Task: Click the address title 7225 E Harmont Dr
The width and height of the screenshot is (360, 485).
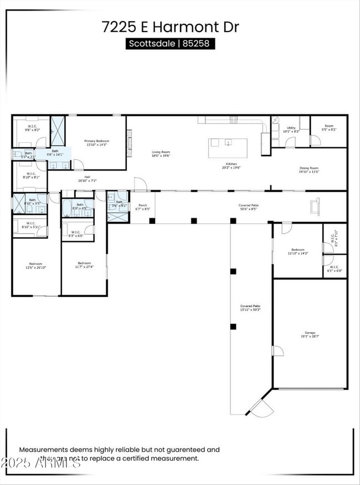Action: coord(170,26)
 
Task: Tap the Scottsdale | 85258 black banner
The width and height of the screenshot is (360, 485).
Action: coord(170,43)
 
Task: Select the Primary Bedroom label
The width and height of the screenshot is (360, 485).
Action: coord(96,143)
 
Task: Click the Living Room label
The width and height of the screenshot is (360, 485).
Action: coord(161,153)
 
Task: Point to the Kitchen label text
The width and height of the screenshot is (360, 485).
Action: coord(232,166)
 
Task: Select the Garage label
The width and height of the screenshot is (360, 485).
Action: coord(310,334)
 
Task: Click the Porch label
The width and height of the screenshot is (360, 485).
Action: coord(143,207)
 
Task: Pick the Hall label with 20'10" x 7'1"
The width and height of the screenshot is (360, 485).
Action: coord(87,179)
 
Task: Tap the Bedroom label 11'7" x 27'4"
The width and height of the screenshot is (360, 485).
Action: coord(84,265)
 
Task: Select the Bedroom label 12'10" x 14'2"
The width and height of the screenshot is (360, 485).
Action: coord(297,251)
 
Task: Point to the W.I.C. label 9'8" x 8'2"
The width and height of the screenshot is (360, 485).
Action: coord(33,128)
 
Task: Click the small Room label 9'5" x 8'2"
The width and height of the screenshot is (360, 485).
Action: coord(329,128)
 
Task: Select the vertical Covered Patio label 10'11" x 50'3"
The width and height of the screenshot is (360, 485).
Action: coord(250,308)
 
